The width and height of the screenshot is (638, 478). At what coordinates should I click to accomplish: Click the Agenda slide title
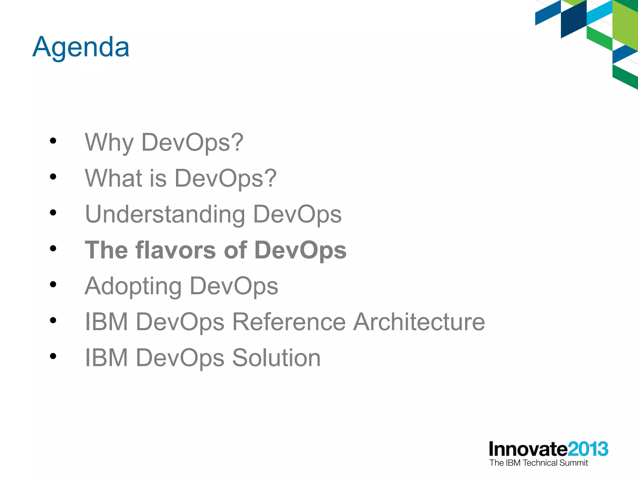tap(81, 47)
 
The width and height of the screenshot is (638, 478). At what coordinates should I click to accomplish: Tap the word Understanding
tap(165, 215)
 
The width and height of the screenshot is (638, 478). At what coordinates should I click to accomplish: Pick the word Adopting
tap(133, 286)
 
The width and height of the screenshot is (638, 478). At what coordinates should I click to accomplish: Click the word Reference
tap(289, 322)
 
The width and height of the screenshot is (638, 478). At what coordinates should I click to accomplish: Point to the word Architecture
tap(419, 322)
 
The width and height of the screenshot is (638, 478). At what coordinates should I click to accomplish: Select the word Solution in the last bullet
tap(276, 358)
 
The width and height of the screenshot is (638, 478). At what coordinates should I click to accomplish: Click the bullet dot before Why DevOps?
tap(53, 141)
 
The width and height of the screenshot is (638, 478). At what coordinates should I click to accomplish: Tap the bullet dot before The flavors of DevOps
tap(53, 248)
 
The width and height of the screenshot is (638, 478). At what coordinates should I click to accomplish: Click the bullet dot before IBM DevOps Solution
tap(53, 356)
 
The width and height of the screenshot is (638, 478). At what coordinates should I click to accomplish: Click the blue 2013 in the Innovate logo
tap(588, 449)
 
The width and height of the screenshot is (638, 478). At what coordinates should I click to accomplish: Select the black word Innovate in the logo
tap(528, 449)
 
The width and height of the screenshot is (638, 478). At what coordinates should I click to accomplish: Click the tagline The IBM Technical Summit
tap(538, 463)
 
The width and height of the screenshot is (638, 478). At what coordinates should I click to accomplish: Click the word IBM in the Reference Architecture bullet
tap(106, 322)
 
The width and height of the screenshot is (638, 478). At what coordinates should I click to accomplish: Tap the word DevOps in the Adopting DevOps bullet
tap(234, 286)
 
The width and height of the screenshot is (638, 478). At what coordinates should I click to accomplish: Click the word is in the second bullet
tap(158, 178)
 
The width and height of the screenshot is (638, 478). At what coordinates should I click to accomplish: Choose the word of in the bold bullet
tap(235, 250)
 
